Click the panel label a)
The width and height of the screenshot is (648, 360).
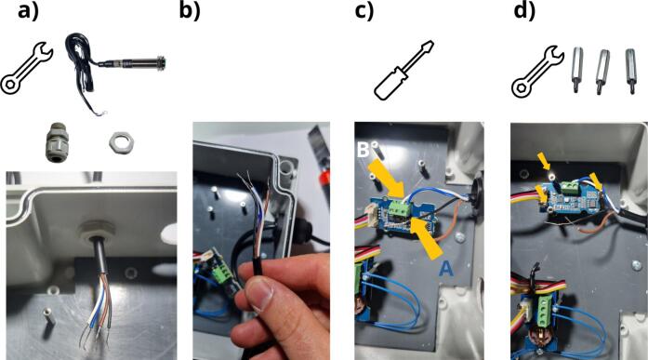[28, 11]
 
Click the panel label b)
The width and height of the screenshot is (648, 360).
[190, 11]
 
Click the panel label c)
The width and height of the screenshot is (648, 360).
[364, 11]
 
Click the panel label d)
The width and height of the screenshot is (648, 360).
[524, 11]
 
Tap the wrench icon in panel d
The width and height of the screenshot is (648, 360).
[537, 72]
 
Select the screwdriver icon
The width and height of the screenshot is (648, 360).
[403, 70]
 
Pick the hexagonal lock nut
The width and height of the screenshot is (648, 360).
[121, 142]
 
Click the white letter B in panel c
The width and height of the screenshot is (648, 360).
[363, 150]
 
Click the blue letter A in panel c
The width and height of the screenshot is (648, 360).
[445, 269]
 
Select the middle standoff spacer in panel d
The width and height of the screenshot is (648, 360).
[602, 71]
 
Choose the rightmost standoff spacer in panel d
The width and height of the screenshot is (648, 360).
[630, 71]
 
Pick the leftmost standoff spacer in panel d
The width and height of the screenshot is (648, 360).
[577, 70]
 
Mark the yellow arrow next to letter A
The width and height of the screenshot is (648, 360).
[427, 237]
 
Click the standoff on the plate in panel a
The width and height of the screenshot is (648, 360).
[46, 322]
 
